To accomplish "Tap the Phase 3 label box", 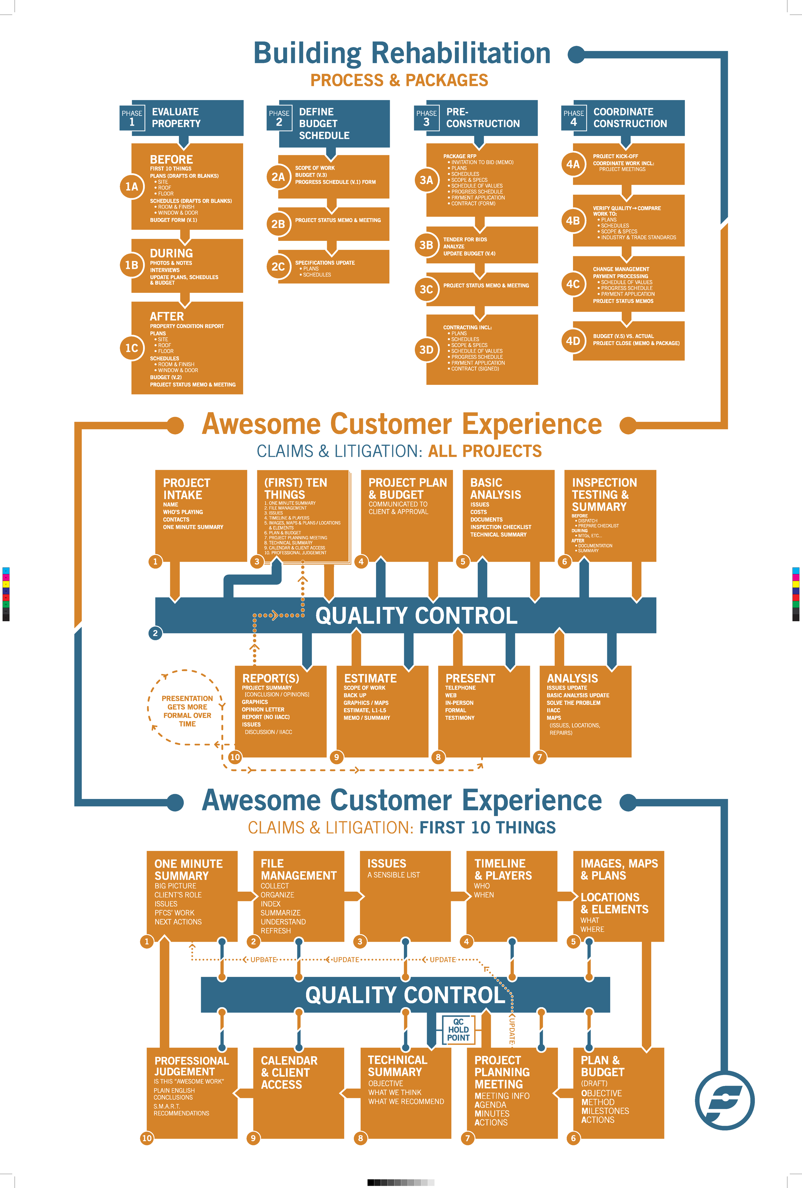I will coord(426,118).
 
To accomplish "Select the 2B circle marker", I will coord(278,224).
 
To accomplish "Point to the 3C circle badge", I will coord(426,289).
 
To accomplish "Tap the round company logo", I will coord(725,1100).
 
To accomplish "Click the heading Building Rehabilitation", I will coord(402,53).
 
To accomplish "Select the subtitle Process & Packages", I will coord(399,80).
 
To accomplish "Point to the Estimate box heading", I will coord(370,678).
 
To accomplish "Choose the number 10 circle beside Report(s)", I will coord(235,757).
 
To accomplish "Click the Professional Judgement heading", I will coord(192,1066).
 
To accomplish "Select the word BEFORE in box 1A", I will coord(171,159).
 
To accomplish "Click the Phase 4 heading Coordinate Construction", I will coord(630,118).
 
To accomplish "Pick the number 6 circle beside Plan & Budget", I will coord(573,1138).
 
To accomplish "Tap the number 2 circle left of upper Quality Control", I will coord(155,633).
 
